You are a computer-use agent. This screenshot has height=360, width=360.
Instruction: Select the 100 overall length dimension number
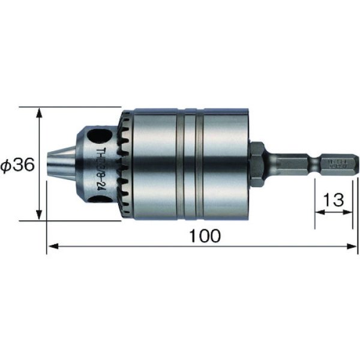point(203,236)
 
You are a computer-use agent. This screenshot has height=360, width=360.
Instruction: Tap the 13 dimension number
point(333,200)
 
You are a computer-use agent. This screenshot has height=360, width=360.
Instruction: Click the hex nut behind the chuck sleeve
point(257,163)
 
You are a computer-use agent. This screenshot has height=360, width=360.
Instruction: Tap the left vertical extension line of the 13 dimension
point(315,204)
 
